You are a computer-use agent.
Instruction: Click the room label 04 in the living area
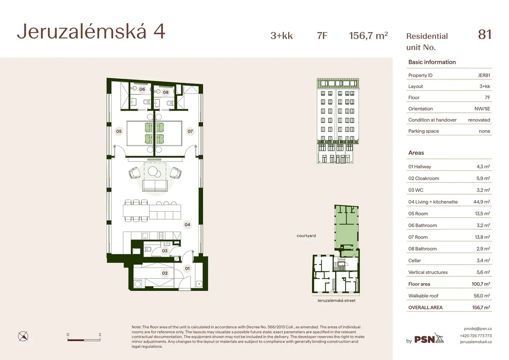187,225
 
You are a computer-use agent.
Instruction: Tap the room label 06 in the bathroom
142,89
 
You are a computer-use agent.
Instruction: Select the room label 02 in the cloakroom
165,273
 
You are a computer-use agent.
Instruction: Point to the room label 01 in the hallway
187,268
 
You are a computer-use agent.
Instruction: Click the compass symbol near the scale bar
23,336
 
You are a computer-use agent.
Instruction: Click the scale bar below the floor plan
84,340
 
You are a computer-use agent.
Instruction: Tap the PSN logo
429,338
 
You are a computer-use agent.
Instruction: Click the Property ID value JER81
484,75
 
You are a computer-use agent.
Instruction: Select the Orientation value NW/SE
482,109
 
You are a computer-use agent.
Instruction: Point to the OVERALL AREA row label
425,307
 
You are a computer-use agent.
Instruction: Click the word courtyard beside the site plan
306,236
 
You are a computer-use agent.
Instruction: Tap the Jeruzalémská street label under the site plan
336,301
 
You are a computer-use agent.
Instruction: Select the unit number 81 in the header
484,35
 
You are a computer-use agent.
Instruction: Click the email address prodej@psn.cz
478,329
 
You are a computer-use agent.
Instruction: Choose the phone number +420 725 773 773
476,336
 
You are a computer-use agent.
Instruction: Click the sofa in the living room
155,186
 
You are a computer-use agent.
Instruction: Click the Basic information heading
432,62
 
